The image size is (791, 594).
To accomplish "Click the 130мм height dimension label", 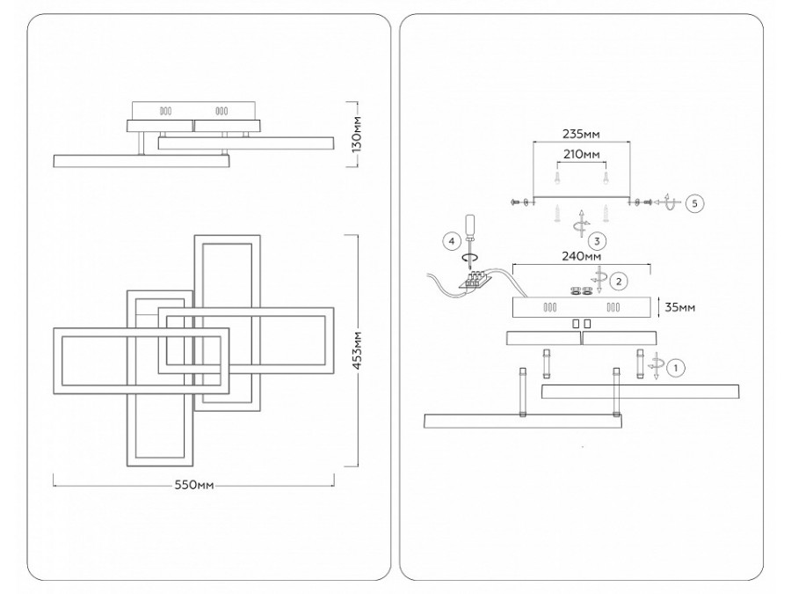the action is tap(357, 134).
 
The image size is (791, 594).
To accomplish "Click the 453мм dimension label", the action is tap(357, 350).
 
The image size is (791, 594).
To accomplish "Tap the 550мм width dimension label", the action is tap(194, 486).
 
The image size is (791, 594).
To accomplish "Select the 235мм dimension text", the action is tap(581, 134).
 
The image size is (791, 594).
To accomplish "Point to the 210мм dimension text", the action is tap(582, 153).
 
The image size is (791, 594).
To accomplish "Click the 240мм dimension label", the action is tap(581, 256).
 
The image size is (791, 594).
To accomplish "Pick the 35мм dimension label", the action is tap(680, 307).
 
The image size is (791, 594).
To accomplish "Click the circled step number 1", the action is tap(676, 368).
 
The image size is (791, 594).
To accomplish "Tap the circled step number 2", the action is tap(619, 281).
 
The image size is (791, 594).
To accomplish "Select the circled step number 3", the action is tap(597, 241).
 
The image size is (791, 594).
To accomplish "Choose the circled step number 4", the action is tap(452, 241).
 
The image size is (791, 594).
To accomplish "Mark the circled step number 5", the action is tap(695, 203).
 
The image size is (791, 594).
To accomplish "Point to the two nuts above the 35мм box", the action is tap(580, 291).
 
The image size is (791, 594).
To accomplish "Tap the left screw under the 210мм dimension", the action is tap(557, 177).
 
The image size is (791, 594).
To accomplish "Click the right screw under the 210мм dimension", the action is tap(606, 177).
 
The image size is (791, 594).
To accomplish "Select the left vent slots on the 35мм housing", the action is tap(550, 307).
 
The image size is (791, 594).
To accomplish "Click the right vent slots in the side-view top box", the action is tap(221, 111).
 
